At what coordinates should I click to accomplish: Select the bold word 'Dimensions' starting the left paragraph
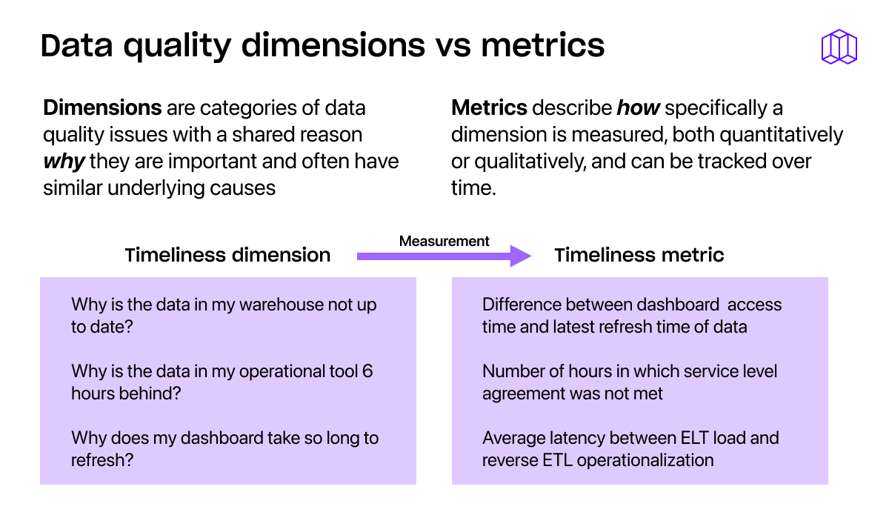[102, 108]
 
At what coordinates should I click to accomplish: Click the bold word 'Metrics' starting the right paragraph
[489, 108]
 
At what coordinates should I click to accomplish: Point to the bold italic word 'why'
[64, 162]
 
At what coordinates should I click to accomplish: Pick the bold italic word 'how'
[638, 108]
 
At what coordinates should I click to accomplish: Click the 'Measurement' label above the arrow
[444, 242]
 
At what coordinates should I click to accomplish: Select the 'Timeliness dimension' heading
[228, 256]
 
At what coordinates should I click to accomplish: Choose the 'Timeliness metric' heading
[639, 256]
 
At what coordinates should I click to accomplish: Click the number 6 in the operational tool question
[367, 371]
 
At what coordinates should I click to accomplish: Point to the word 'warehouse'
[281, 305]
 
